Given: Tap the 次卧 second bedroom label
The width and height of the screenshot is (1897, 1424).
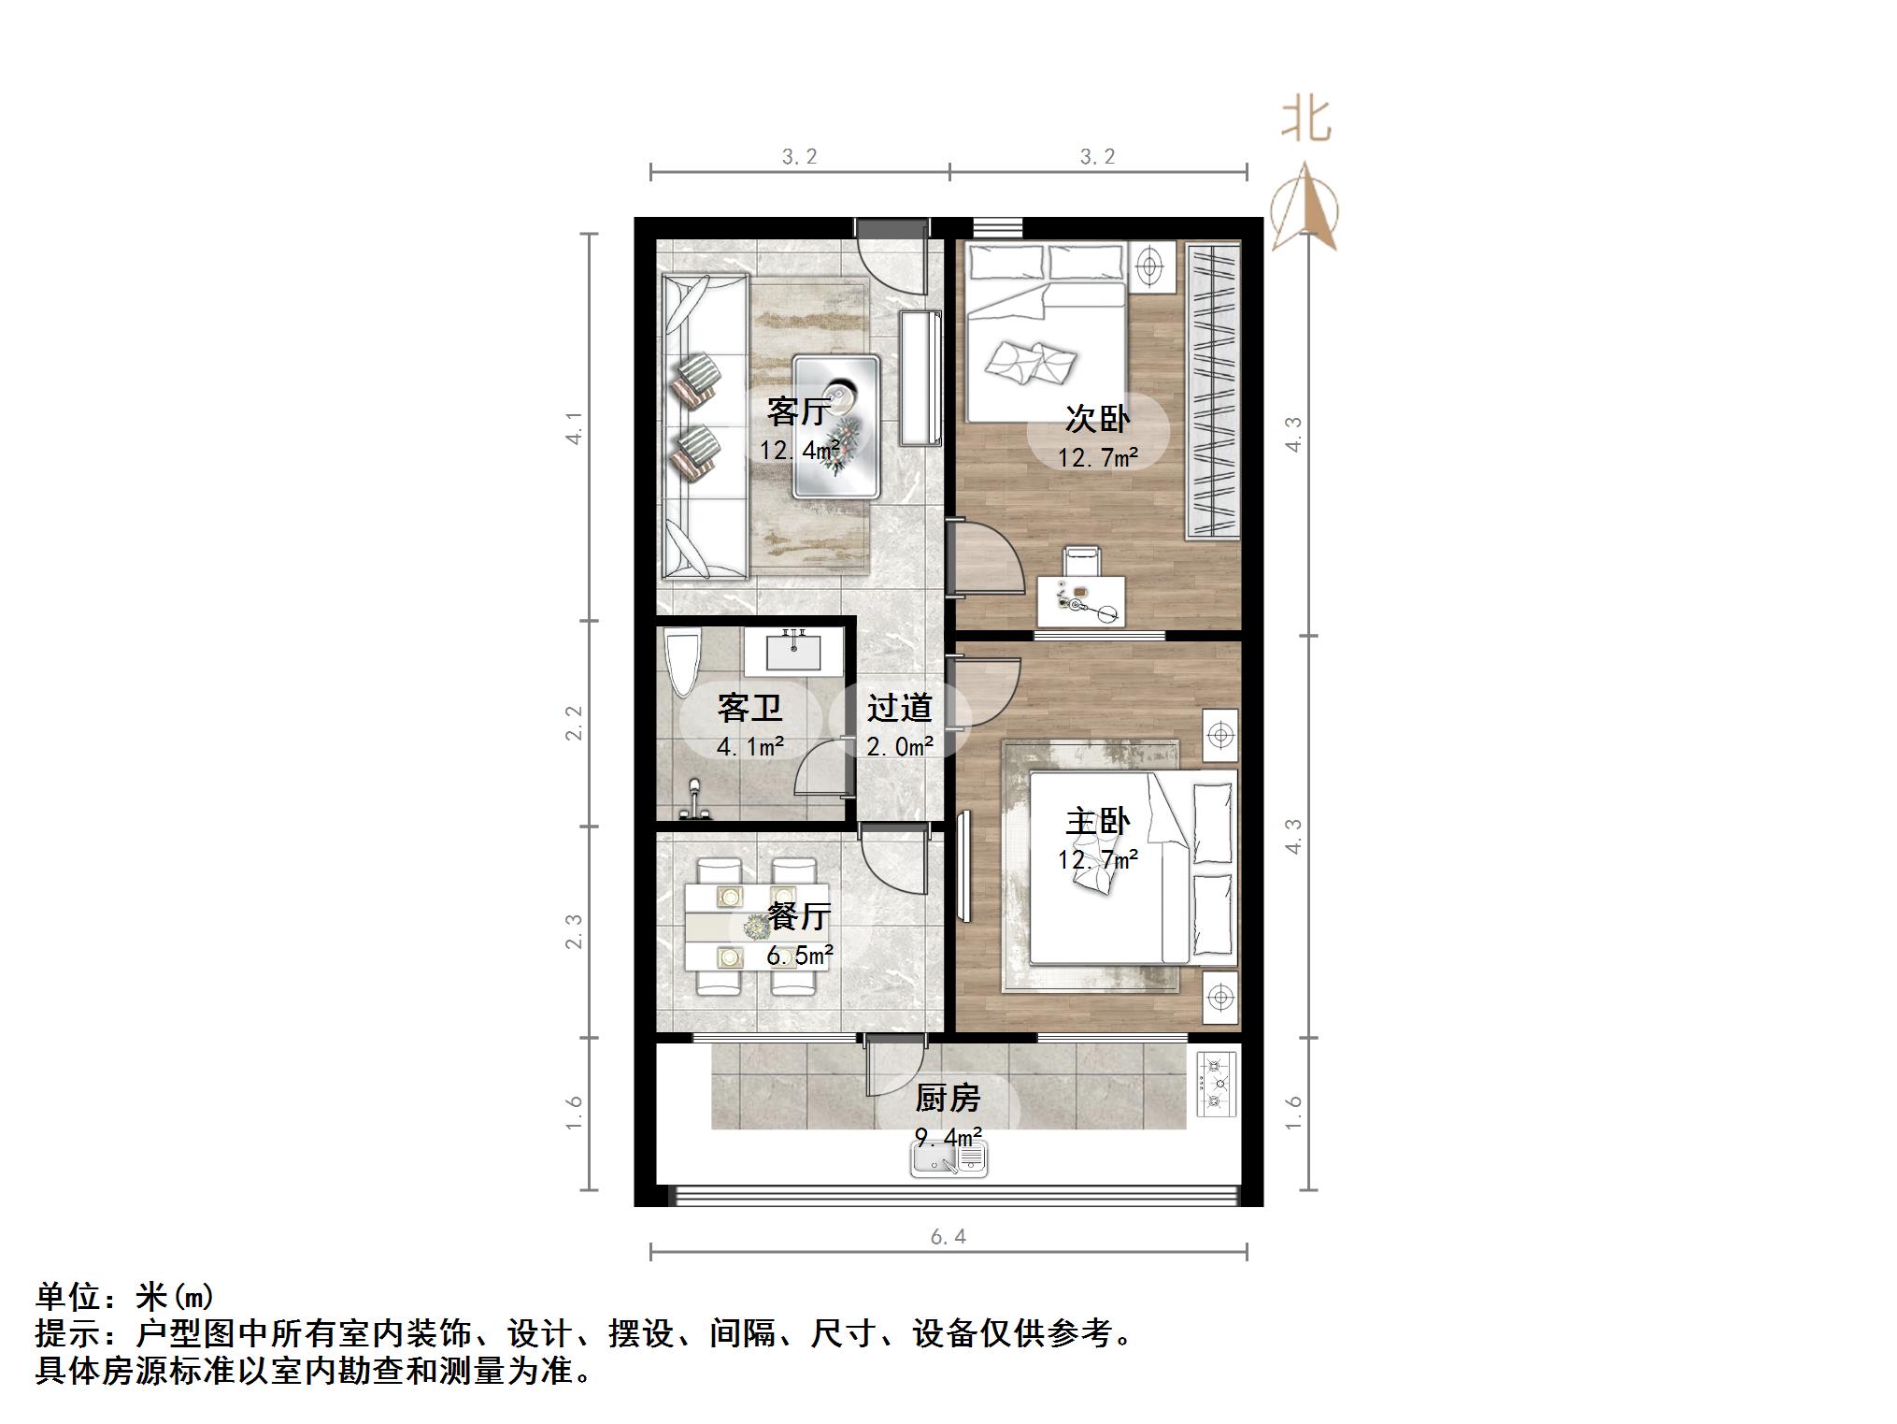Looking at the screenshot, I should (x=1097, y=419).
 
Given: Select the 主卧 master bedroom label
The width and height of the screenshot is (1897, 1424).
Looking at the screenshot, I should (x=1097, y=821).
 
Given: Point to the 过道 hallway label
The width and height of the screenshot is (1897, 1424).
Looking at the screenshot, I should (x=899, y=708).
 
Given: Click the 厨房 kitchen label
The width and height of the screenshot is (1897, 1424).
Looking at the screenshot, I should (x=948, y=1098).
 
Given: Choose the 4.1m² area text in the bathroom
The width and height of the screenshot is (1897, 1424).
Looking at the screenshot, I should (x=749, y=747).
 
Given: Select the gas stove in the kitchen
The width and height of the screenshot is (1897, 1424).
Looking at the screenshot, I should (x=1217, y=1084).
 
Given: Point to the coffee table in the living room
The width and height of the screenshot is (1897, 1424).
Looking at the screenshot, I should (x=836, y=425).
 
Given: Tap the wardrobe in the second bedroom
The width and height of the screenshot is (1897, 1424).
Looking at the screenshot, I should (x=1214, y=390).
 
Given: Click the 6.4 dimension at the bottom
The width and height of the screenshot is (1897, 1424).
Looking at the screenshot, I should (x=948, y=1237).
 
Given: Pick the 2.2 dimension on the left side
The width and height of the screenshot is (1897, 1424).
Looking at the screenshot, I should (x=574, y=723).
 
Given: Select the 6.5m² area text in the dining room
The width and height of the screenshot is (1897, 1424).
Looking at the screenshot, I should (x=800, y=956).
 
